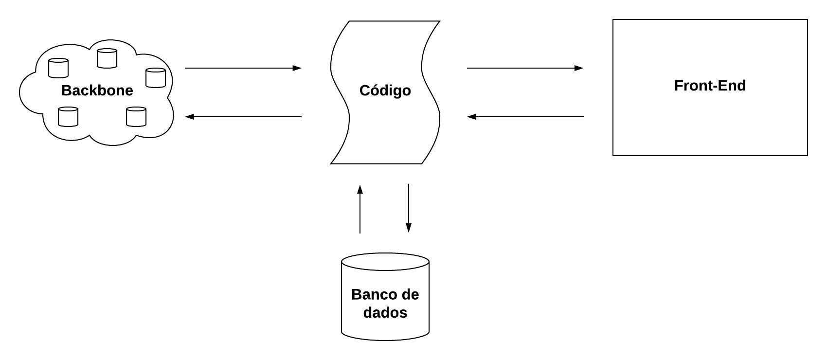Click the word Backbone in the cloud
[97, 90]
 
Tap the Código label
[385, 90]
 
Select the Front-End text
[710, 86]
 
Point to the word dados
[385, 312]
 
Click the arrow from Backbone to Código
[243, 68]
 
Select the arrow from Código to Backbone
[243, 117]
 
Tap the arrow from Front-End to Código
[525, 117]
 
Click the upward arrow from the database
[360, 209]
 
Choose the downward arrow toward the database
[409, 208]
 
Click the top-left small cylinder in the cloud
[58, 68]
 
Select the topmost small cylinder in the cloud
[107, 58]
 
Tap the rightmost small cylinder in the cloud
[156, 78]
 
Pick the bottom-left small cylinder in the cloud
[68, 117]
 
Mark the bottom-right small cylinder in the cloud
[136, 117]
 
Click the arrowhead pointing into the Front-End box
[578, 68]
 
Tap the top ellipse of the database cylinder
[385, 260]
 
